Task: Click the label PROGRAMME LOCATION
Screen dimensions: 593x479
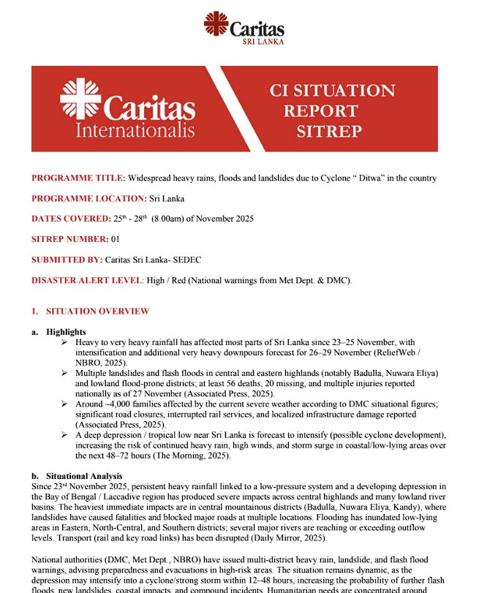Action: pyautogui.click(x=88, y=198)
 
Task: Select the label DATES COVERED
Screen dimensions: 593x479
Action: pyautogui.click(x=70, y=219)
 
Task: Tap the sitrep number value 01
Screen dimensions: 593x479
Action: pyautogui.click(x=114, y=239)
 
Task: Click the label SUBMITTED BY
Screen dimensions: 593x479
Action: pyautogui.click(x=69, y=260)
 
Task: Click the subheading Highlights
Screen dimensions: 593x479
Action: pyautogui.click(x=66, y=332)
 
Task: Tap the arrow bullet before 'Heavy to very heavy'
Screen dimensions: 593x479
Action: pyautogui.click(x=66, y=342)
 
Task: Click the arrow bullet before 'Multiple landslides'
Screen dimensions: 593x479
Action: pyautogui.click(x=66, y=373)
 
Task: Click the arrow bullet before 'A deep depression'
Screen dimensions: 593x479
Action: pyautogui.click(x=66, y=434)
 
